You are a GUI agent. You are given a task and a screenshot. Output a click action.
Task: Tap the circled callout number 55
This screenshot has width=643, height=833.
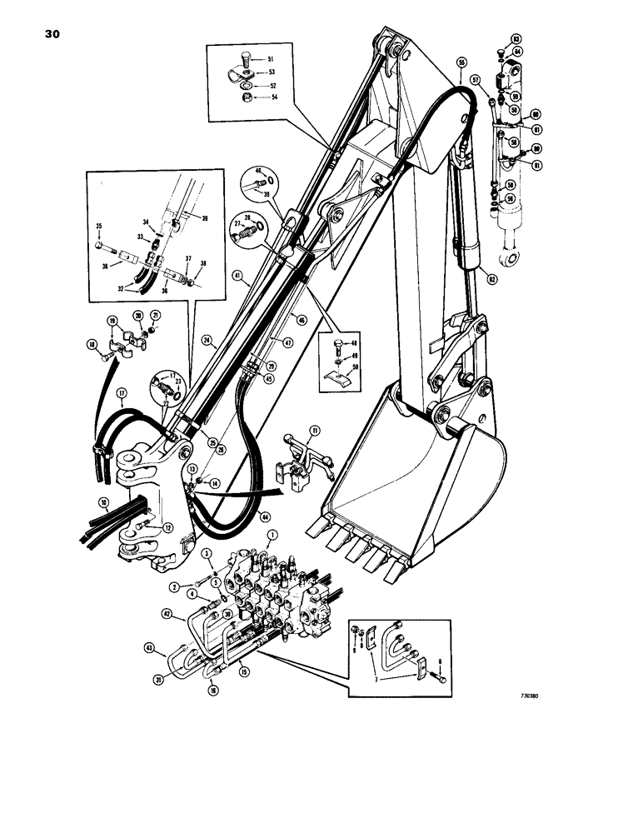[x=461, y=62]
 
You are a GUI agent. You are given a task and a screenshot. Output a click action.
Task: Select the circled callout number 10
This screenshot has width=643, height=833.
[x=104, y=504]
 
